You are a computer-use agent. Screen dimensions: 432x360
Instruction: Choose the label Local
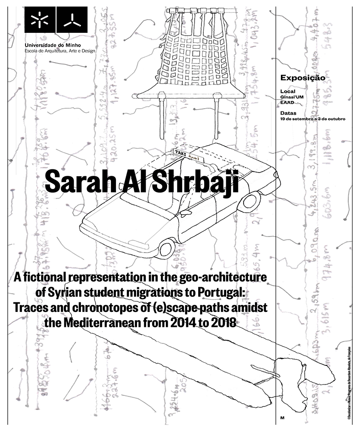tap(288, 91)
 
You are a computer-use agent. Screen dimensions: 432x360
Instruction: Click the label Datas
tap(288, 112)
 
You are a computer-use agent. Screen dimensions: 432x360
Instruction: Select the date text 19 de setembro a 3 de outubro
tap(312, 118)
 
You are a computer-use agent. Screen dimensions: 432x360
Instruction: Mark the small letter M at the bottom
tap(282, 418)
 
